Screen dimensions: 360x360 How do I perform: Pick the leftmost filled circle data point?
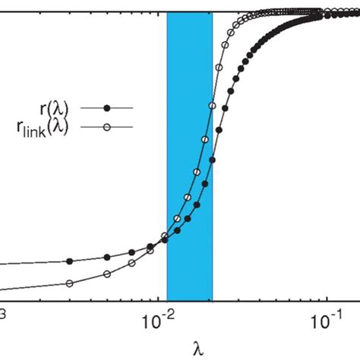(70, 261)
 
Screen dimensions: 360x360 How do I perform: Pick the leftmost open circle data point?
(70, 284)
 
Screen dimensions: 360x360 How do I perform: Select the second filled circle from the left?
(107, 255)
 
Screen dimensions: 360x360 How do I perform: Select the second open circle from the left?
(107, 273)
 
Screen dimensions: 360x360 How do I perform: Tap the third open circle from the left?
(131, 262)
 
